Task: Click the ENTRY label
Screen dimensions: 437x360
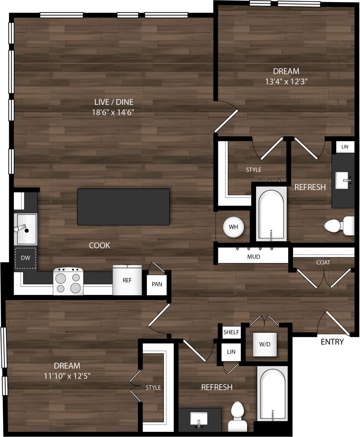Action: (332, 342)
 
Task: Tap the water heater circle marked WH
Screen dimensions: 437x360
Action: (233, 227)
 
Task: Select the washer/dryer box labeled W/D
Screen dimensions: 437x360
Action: (265, 344)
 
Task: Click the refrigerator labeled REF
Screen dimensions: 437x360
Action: (127, 280)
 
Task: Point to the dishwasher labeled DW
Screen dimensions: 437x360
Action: (25, 258)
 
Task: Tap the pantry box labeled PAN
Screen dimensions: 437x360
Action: (157, 284)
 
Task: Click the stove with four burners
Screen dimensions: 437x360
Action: (68, 281)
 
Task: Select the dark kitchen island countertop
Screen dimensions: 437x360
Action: (123, 207)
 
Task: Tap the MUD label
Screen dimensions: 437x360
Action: (253, 257)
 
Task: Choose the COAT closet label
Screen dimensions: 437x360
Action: (323, 262)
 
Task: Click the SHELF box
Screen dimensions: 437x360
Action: (231, 332)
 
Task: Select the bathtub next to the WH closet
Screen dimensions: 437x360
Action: (271, 214)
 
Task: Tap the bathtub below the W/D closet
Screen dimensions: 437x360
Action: (272, 394)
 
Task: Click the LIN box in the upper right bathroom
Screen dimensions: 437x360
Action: (345, 147)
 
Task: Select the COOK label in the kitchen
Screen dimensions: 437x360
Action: (99, 245)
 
